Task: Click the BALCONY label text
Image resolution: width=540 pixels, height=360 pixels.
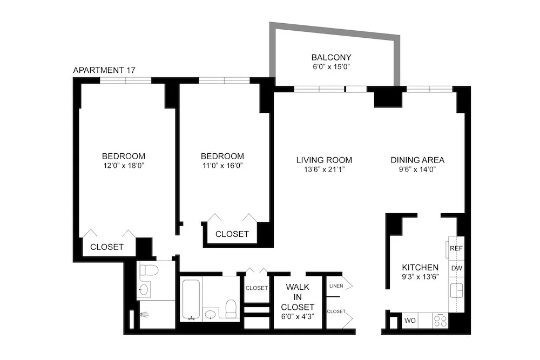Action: [x=331, y=57]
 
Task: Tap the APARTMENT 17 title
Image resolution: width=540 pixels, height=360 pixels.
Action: [x=104, y=70]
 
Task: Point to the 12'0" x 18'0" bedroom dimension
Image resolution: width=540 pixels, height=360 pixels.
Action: [x=124, y=165]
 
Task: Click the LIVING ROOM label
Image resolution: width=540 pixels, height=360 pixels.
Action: [x=324, y=160]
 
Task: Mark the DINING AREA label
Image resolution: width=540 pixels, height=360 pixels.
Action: [x=417, y=160]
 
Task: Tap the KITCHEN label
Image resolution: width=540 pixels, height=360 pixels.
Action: [x=420, y=267]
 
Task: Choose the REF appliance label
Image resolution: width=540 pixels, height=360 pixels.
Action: [x=456, y=249]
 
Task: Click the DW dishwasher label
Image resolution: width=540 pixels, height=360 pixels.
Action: [x=456, y=268]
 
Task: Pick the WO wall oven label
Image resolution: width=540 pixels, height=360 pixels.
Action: [x=410, y=321]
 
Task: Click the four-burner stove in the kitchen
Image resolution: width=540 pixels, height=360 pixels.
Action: [x=440, y=321]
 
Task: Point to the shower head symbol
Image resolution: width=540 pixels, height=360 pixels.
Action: [x=141, y=314]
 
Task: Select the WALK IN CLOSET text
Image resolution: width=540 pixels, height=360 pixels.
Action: [x=298, y=297]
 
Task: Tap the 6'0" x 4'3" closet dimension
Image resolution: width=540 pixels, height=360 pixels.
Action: [x=298, y=317]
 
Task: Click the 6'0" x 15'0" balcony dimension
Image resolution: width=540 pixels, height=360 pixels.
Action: [x=331, y=67]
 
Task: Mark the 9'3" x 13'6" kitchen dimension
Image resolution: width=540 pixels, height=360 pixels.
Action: [x=420, y=277]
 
